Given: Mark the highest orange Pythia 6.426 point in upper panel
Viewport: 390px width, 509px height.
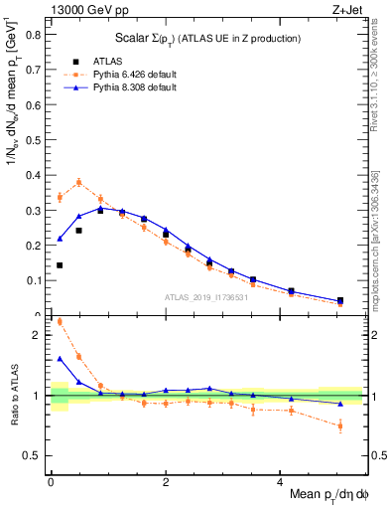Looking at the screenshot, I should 78,182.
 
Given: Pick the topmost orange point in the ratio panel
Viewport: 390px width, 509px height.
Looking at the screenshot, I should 60,321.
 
